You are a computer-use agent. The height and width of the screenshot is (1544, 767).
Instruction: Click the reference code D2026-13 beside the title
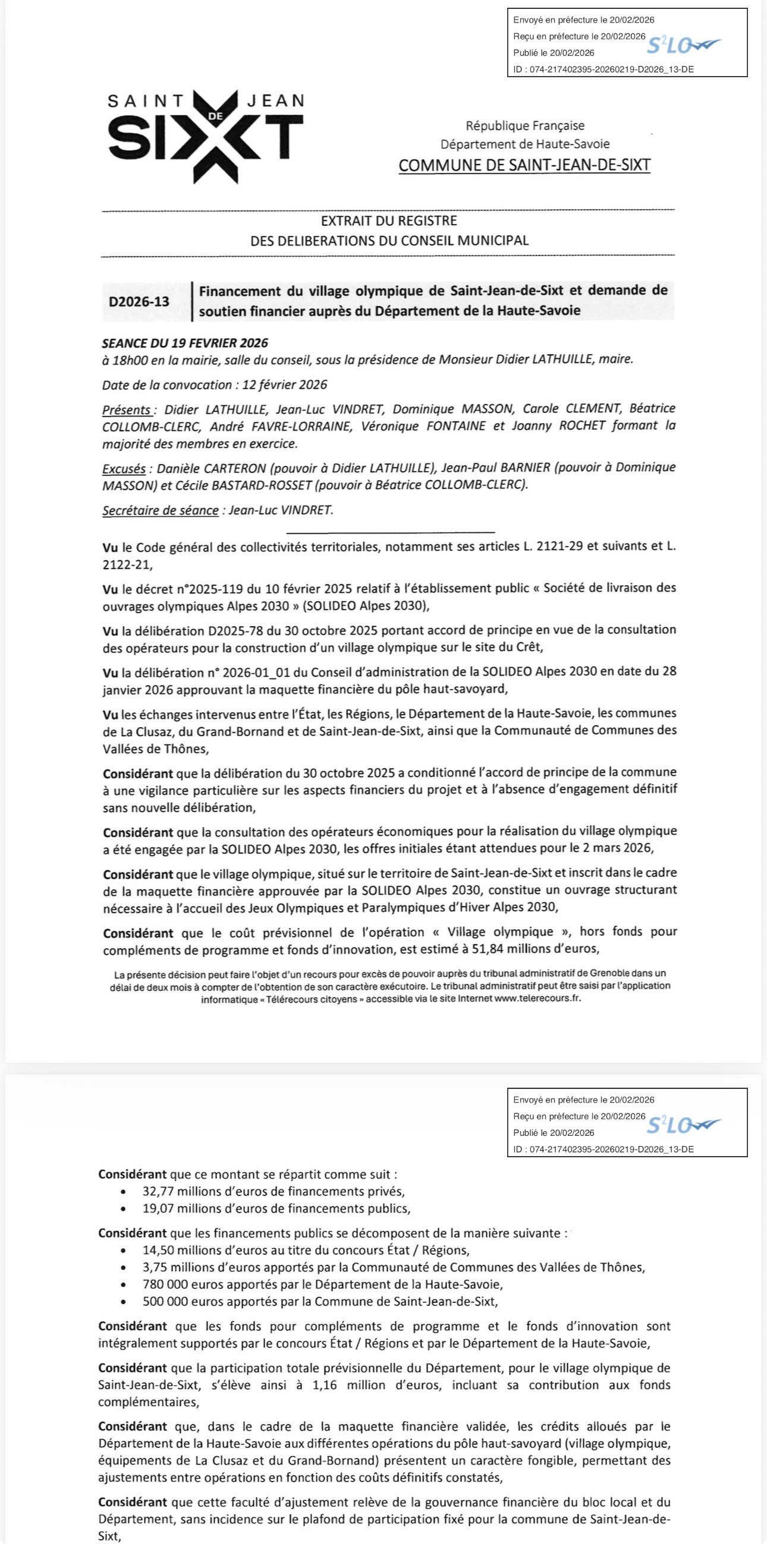coord(139,301)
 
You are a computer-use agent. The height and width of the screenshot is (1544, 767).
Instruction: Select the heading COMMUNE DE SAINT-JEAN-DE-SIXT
coord(524,165)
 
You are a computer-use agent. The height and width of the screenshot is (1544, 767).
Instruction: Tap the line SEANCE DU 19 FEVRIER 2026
coord(186,343)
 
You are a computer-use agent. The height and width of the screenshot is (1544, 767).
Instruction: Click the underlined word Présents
coord(127,410)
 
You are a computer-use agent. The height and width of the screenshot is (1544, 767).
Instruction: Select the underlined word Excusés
coord(124,469)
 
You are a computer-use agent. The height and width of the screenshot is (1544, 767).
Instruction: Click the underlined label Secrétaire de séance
coord(160,511)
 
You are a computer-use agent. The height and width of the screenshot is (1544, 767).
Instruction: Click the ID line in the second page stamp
coord(603,1150)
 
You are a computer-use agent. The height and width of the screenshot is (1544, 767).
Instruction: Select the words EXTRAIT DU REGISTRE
coord(389,221)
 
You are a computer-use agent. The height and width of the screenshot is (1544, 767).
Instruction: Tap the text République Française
coord(525,126)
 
